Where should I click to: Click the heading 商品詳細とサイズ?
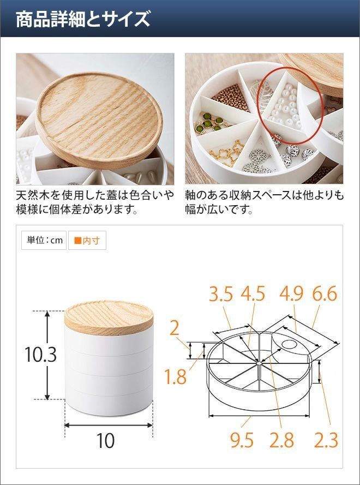click(83, 19)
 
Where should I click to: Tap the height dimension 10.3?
click(40, 355)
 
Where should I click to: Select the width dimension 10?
click(105, 440)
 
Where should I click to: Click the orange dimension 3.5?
click(221, 294)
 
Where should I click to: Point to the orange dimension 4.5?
click(253, 294)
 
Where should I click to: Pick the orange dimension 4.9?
click(291, 294)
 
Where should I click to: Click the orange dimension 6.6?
click(325, 294)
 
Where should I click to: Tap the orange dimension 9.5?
click(242, 440)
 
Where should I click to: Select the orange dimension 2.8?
click(281, 440)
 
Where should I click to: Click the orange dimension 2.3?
click(326, 440)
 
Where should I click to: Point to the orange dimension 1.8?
click(175, 377)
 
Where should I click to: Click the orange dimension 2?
click(175, 328)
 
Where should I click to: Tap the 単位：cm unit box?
click(44, 241)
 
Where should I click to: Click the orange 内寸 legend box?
click(87, 241)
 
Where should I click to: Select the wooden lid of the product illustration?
click(109, 318)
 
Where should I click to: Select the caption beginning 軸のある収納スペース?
click(265, 202)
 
